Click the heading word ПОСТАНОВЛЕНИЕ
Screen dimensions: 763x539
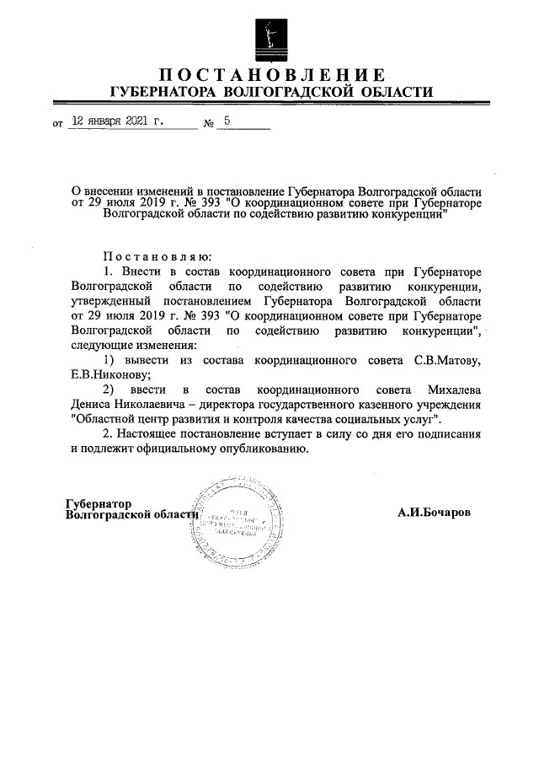coord(269,74)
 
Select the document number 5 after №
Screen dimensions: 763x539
coord(227,121)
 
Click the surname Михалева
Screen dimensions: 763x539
coord(451,390)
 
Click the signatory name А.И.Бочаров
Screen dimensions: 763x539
coord(435,512)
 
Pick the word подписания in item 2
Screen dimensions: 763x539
coord(449,435)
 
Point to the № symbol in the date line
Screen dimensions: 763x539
coord(209,123)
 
